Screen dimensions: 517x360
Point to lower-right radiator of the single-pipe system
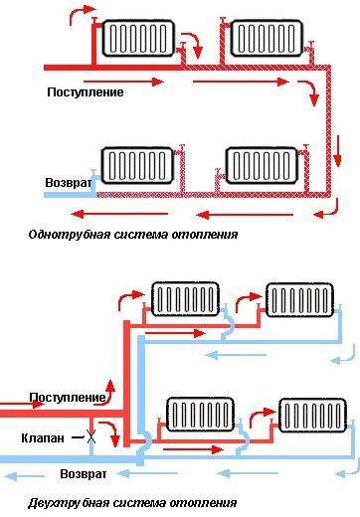pos(263,162)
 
